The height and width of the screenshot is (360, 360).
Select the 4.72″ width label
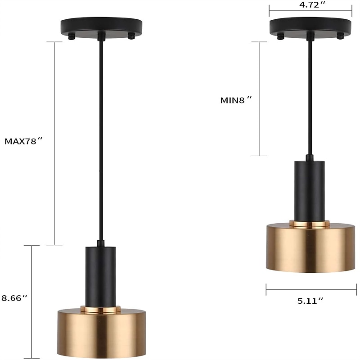pos(310,5)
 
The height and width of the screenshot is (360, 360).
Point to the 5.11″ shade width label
pos(310,301)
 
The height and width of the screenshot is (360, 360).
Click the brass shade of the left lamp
pos(101,333)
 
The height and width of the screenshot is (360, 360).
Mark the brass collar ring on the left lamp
pos(101,309)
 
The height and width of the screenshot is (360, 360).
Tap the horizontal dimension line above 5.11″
pos(310,289)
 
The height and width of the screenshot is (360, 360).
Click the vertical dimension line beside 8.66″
pos(31,301)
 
